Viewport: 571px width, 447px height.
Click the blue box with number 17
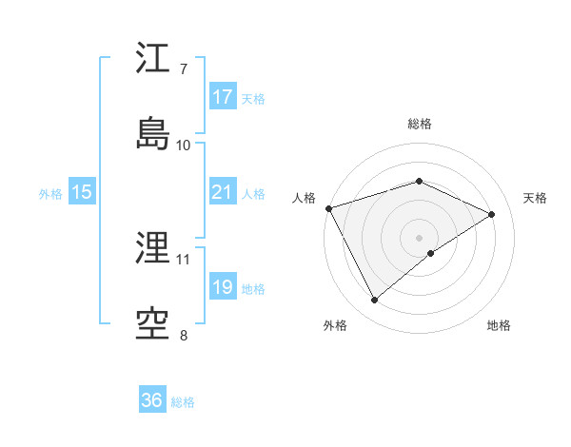pyautogui.click(x=223, y=97)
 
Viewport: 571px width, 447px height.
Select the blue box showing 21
pyautogui.click(x=223, y=192)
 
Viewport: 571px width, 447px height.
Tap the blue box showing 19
pyautogui.click(x=223, y=287)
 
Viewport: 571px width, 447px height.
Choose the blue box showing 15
pyautogui.click(x=82, y=192)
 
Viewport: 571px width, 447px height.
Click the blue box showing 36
pyautogui.click(x=152, y=400)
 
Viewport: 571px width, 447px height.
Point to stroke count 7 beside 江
pyautogui.click(x=183, y=69)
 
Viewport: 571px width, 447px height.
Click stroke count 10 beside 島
pyautogui.click(x=183, y=145)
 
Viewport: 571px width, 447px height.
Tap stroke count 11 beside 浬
pyautogui.click(x=183, y=259)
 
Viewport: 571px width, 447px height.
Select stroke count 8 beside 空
pyautogui.click(x=183, y=335)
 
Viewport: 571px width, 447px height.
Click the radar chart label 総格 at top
pyautogui.click(x=420, y=124)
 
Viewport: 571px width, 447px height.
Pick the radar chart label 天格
pyautogui.click(x=535, y=198)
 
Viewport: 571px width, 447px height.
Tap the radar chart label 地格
pyautogui.click(x=499, y=325)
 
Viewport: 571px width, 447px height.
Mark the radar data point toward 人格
pyautogui.click(x=328, y=208)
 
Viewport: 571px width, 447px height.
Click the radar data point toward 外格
pyautogui.click(x=374, y=301)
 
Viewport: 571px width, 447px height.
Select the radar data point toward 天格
pyautogui.click(x=492, y=214)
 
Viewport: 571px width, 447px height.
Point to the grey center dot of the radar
pyautogui.click(x=420, y=237)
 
